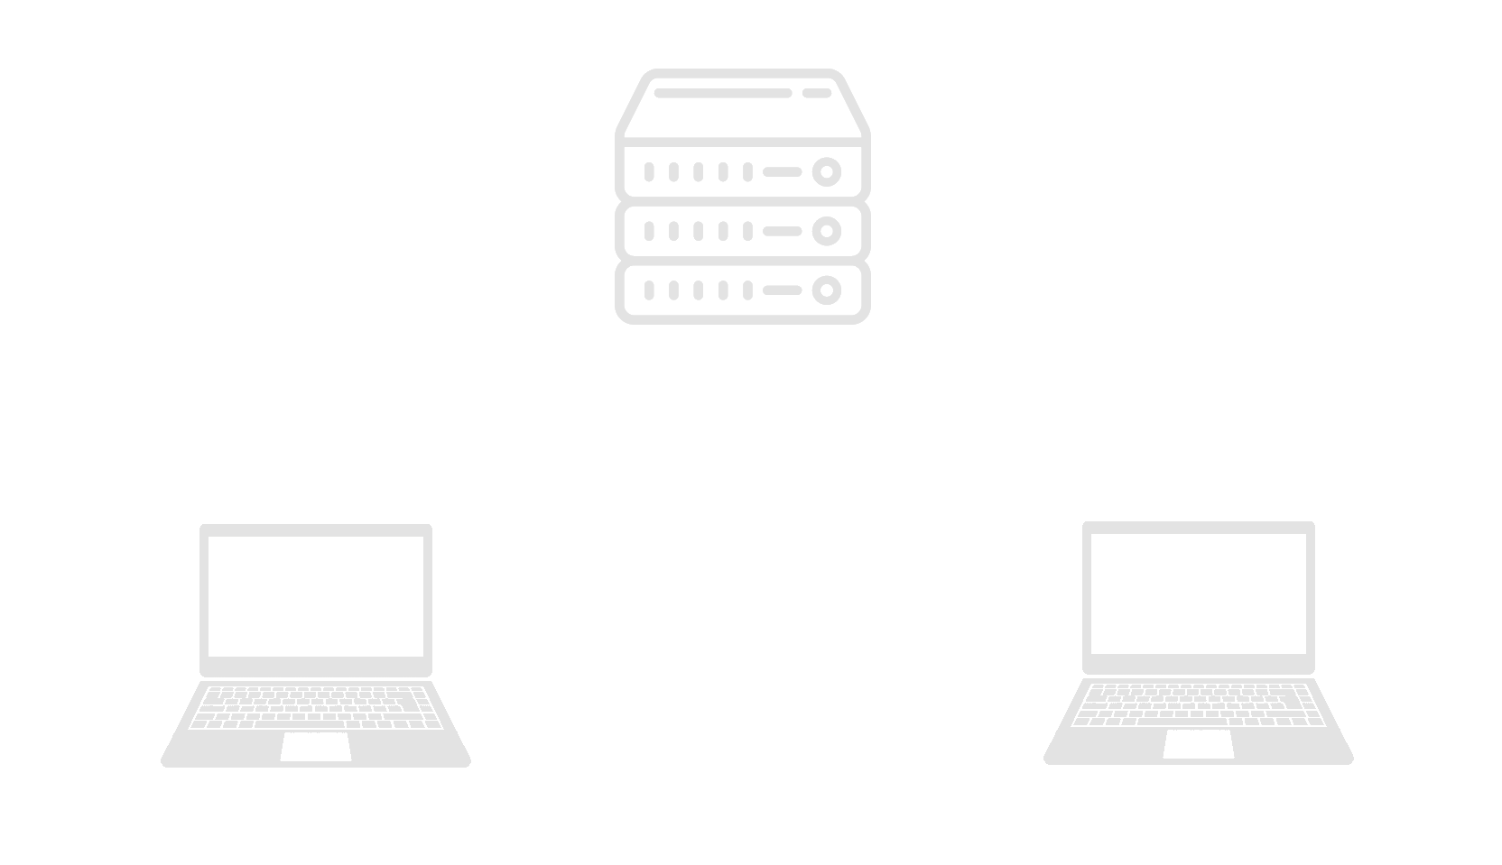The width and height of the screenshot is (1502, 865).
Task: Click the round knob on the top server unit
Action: coord(826,171)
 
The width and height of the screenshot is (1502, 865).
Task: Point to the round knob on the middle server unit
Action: coord(826,232)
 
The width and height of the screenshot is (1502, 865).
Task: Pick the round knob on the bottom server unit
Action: coord(826,290)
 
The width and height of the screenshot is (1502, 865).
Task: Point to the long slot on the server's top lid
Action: coord(723,93)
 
